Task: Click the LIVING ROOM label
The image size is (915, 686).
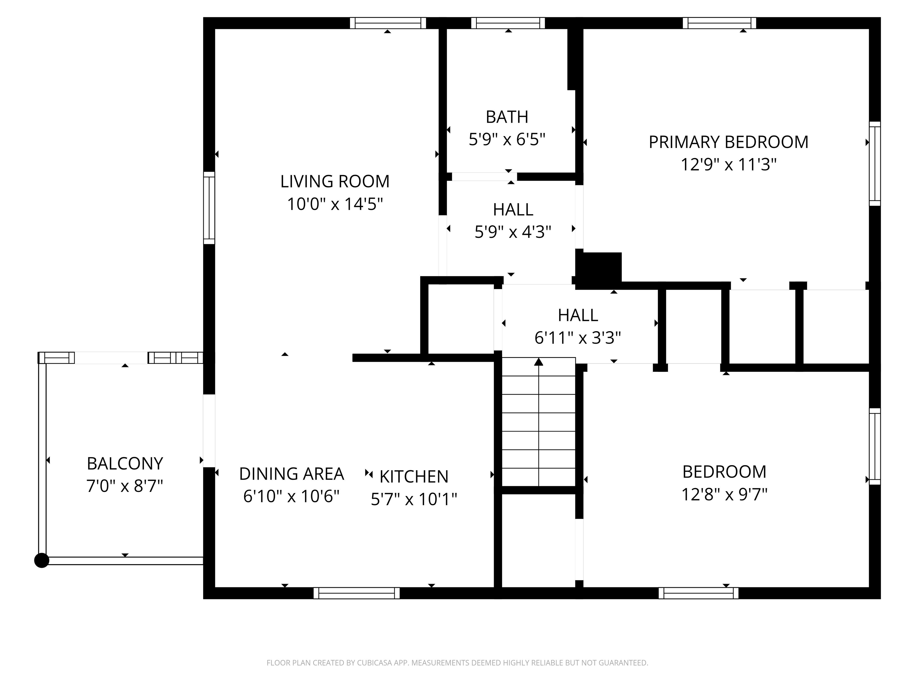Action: pos(335,182)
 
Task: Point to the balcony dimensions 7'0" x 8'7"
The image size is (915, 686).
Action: pos(125,486)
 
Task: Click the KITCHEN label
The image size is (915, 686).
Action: pos(414,477)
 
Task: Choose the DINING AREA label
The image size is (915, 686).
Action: pos(291,474)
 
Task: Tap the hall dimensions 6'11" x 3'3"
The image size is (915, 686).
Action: pos(578,338)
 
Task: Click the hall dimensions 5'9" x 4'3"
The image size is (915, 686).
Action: pos(513,232)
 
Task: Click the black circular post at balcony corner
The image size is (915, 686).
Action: pos(41,561)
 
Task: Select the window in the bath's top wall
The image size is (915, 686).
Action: pos(508,23)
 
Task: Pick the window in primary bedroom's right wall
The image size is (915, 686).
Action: pos(874,163)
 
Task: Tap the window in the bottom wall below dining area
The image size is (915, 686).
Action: pos(356,593)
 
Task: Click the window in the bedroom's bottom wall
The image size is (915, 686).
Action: pos(698,593)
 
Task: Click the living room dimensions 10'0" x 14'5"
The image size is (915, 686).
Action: pos(335,204)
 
